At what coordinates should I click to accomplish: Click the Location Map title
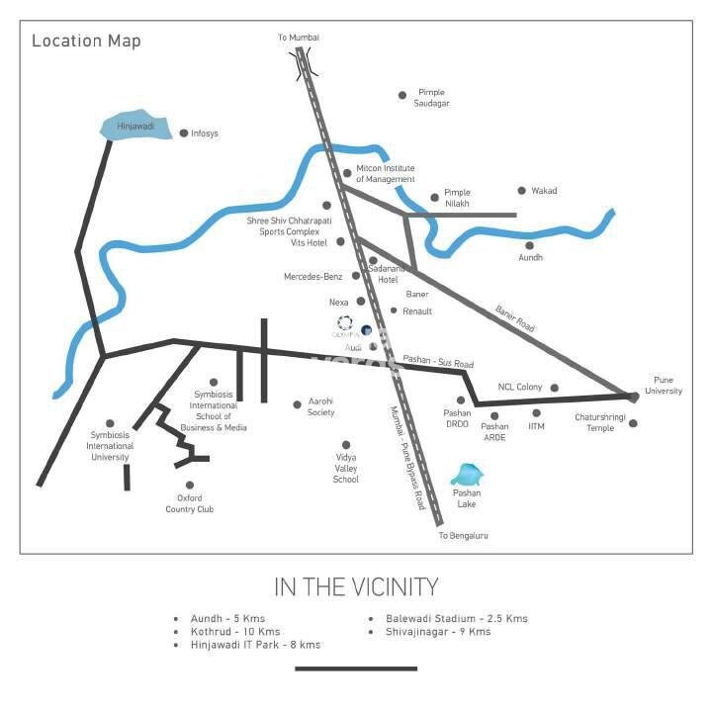point(86,41)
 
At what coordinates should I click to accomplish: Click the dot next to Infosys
point(183,133)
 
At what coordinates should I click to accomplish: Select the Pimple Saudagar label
point(432,97)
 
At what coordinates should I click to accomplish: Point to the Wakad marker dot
point(522,191)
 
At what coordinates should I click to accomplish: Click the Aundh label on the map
point(531,258)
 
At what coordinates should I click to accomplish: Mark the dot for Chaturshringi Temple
point(633,423)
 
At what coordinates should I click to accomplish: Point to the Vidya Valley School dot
point(345,445)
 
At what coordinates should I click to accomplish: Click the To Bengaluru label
point(463,535)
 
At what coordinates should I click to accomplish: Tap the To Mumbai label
point(299,38)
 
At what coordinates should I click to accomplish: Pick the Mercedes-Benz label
point(316,276)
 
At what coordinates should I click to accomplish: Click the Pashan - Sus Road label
point(436,364)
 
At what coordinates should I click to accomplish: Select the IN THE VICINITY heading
point(356,587)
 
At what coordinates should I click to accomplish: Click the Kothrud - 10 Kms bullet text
point(235,631)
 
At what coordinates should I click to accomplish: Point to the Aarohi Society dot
point(297,403)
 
